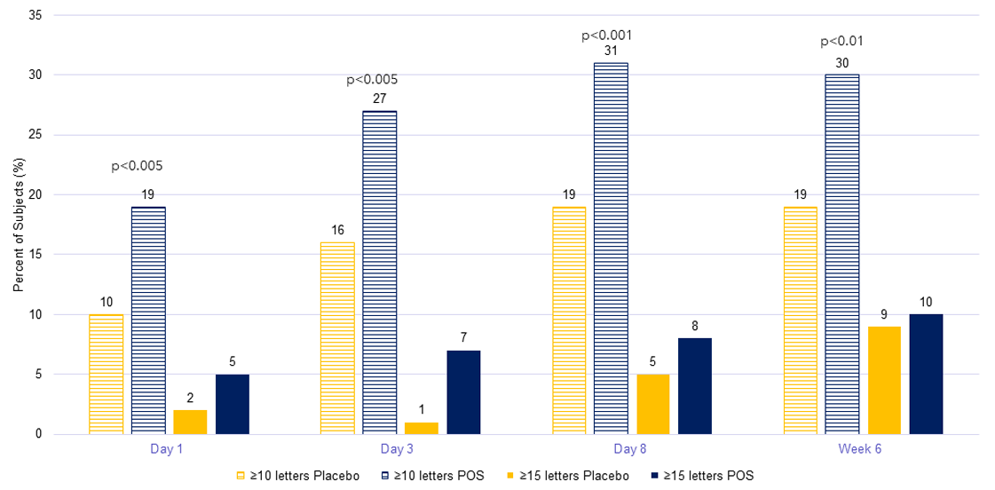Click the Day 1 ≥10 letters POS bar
(148, 320)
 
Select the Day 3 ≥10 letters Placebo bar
(338, 338)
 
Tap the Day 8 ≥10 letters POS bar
(612, 249)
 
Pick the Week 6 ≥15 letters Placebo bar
(884, 380)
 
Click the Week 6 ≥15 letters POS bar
(926, 374)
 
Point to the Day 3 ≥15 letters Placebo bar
(422, 428)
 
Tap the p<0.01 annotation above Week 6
(841, 41)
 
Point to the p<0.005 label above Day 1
(137, 165)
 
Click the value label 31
(612, 51)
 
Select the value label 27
(380, 99)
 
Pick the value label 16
(338, 230)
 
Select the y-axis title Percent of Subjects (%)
(19, 225)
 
